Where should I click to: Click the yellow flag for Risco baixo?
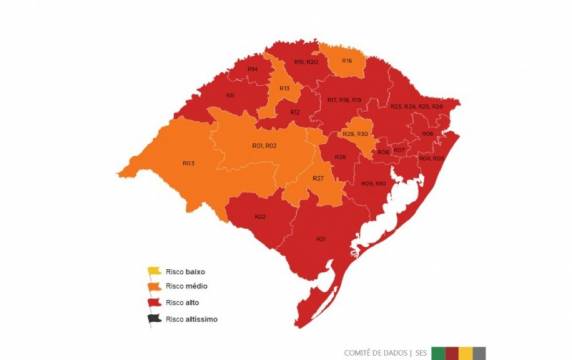pos(154,271)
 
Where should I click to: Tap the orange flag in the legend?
pos(154,286)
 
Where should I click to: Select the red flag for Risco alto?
pos(154,302)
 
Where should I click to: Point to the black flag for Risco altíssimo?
pos(154,319)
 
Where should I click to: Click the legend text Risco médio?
pos(187,286)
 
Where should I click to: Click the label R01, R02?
pos(264,147)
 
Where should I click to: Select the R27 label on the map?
pos(317,178)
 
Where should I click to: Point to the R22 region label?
pos(260,216)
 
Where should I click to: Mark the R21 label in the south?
pos(321,239)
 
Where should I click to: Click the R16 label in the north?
pos(346,61)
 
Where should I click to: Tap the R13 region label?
pos(284,88)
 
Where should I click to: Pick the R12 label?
pos(295,112)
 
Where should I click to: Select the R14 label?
pos(253,68)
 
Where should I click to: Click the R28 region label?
pos(340,157)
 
